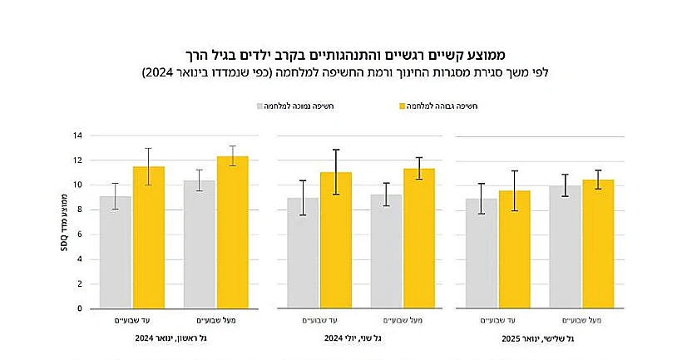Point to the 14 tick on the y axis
tap(77, 135)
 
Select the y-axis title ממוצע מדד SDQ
tap(65, 222)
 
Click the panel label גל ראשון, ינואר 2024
tap(173, 338)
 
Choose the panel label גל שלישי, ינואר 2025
tap(538, 338)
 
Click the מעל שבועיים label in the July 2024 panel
tap(402, 320)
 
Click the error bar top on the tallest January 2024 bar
tap(232, 146)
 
